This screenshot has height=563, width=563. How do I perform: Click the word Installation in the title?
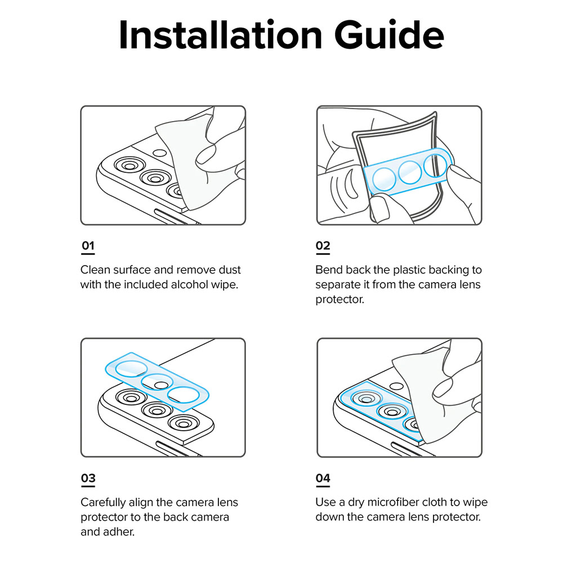pos(220,35)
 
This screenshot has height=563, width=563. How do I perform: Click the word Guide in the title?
pos(389,35)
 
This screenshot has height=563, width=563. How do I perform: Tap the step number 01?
pos(88,245)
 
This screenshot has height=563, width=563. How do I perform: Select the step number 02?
pos(323,245)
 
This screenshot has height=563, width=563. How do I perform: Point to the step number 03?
pos(88,478)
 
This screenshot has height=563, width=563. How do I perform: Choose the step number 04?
pos(323,478)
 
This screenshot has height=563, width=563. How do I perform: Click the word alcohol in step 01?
pos(189,284)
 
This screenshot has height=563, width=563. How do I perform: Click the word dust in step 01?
pos(229,270)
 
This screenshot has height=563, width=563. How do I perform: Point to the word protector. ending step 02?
pos(339,299)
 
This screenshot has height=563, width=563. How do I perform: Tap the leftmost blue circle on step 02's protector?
pos(384,179)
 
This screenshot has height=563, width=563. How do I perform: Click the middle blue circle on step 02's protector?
pos(410,172)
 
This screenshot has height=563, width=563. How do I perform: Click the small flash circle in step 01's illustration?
pos(160,153)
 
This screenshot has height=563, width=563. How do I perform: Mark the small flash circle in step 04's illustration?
pos(396,387)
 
